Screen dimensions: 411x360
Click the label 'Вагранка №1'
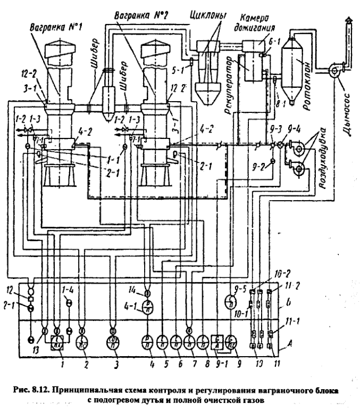click(47, 25)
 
